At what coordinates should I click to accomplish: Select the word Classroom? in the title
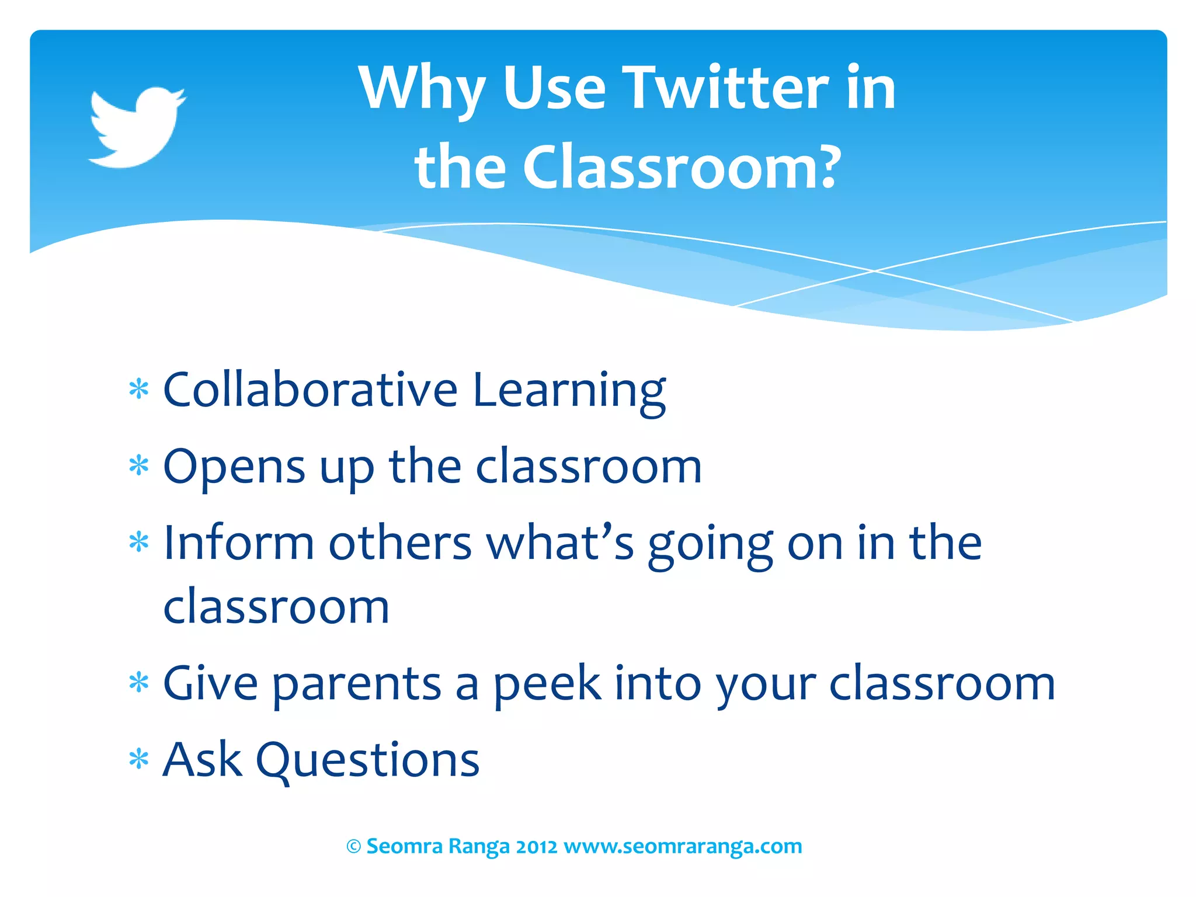click(681, 168)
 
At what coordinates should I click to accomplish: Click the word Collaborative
click(310, 390)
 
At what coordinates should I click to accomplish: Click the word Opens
click(234, 467)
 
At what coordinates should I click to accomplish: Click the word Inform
click(239, 543)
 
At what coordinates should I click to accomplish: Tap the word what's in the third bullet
click(561, 543)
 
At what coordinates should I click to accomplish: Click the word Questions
click(368, 760)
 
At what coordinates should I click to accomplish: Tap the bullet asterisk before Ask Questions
click(139, 760)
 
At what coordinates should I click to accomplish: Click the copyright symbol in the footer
click(354, 846)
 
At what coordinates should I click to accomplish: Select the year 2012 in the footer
click(536, 846)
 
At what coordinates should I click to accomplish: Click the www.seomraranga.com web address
click(683, 846)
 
